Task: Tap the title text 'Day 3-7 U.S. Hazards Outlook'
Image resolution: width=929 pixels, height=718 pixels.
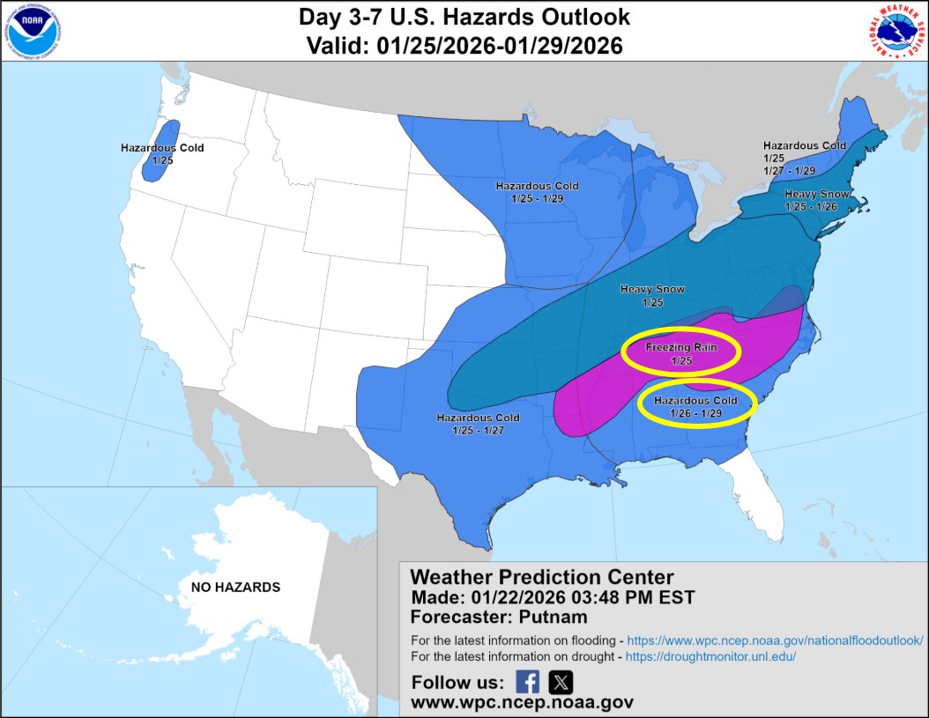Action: pyautogui.click(x=464, y=18)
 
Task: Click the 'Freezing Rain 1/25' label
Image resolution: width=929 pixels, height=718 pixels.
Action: pyautogui.click(x=680, y=353)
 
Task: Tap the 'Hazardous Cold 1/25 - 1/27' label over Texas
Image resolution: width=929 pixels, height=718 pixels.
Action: pyautogui.click(x=478, y=424)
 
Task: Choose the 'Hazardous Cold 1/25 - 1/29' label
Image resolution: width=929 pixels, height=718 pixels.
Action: pyautogui.click(x=537, y=192)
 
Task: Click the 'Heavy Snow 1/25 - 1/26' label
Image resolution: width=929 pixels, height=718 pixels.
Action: pyautogui.click(x=816, y=199)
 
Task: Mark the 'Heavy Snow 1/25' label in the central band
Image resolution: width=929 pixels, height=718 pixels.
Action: pyautogui.click(x=652, y=295)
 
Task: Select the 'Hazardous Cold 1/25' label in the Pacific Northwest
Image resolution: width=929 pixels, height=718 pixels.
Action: pyautogui.click(x=162, y=153)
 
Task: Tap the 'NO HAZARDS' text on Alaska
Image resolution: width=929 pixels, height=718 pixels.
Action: pyautogui.click(x=235, y=587)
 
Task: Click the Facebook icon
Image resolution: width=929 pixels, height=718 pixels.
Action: pyautogui.click(x=527, y=682)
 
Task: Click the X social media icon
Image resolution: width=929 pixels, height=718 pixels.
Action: pyautogui.click(x=561, y=682)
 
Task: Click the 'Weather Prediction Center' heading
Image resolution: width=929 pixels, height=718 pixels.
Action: pyautogui.click(x=542, y=577)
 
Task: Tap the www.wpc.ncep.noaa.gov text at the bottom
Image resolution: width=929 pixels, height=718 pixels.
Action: pyautogui.click(x=522, y=703)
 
